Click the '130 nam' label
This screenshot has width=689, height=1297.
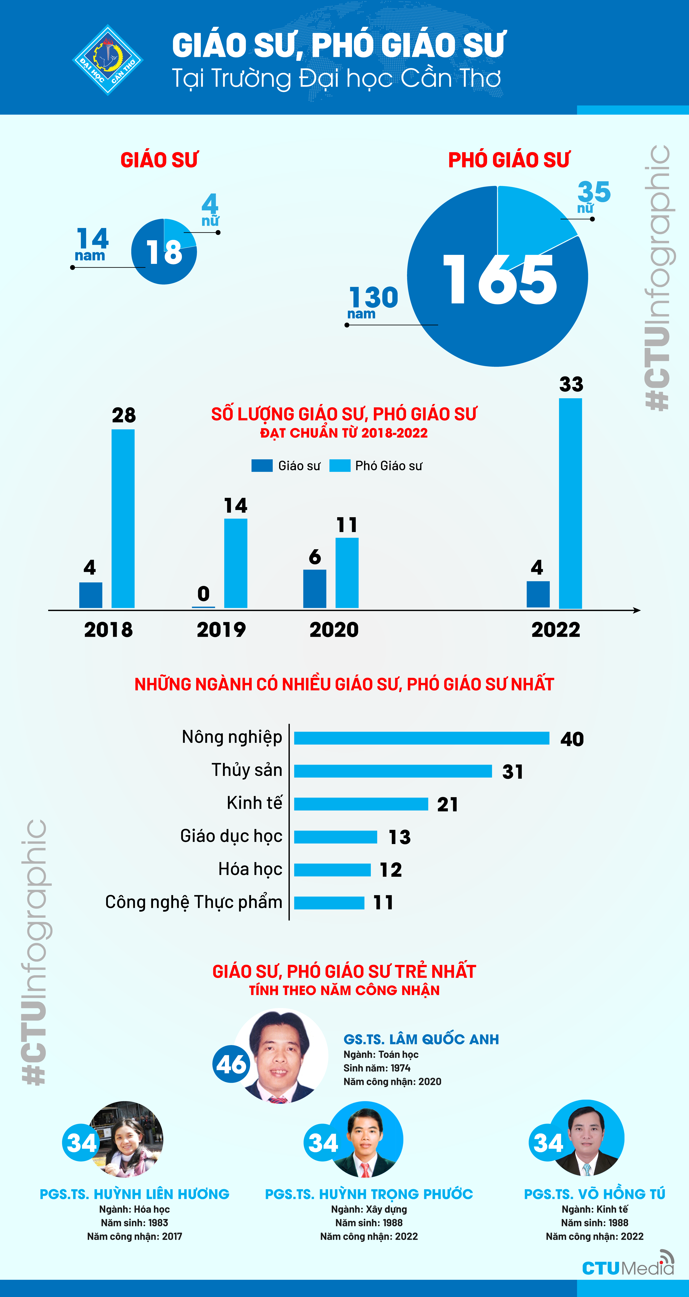click(x=373, y=302)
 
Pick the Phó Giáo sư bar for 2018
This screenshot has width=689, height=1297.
click(x=123, y=519)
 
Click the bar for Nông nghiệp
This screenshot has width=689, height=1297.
click(x=422, y=738)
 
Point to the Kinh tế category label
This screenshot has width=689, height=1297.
click(x=254, y=803)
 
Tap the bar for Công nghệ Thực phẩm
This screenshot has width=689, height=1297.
click(x=329, y=903)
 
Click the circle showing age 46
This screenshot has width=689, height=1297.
click(x=231, y=1064)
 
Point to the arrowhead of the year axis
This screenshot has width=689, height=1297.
click(x=637, y=610)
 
